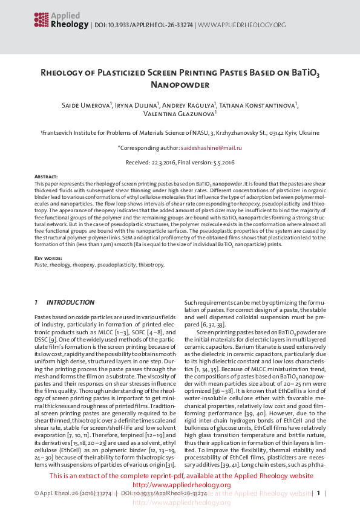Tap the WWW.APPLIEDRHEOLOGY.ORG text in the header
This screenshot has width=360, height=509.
coord(241,25)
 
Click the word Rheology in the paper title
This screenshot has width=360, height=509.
coord(65,74)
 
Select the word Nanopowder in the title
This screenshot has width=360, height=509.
coord(180,85)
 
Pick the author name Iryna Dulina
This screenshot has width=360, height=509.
coord(137,106)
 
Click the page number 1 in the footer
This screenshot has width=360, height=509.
coord(319,494)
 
